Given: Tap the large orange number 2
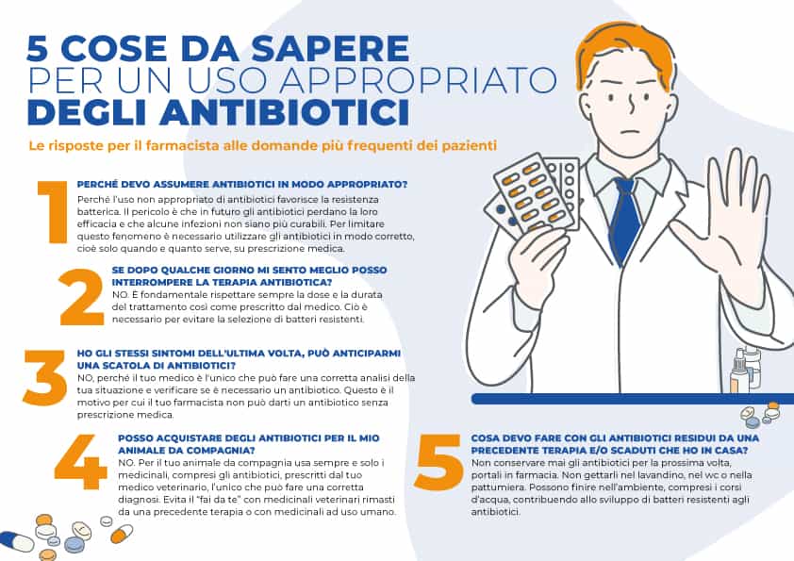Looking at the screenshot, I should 81,296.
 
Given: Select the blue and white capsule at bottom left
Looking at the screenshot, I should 16,541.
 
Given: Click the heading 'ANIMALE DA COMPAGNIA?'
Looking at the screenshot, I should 169,450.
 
